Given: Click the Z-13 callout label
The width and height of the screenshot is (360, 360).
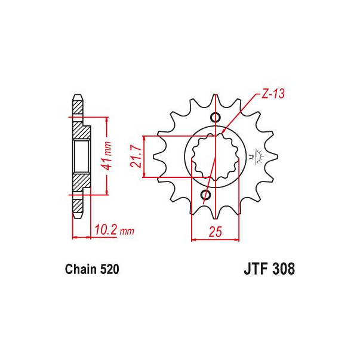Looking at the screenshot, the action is (x=273, y=94).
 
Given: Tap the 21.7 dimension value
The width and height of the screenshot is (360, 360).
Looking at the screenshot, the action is (x=136, y=157).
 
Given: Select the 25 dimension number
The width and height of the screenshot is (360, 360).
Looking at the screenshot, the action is (x=216, y=232).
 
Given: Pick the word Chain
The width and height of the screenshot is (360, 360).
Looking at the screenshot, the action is (x=81, y=269).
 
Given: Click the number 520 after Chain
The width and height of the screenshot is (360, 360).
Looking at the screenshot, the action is (x=109, y=269).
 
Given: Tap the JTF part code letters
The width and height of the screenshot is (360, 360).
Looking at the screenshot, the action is (x=256, y=269).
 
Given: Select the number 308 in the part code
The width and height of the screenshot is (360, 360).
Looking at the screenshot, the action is (x=284, y=269).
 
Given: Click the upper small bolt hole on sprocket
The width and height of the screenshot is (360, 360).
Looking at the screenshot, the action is (x=216, y=117).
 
